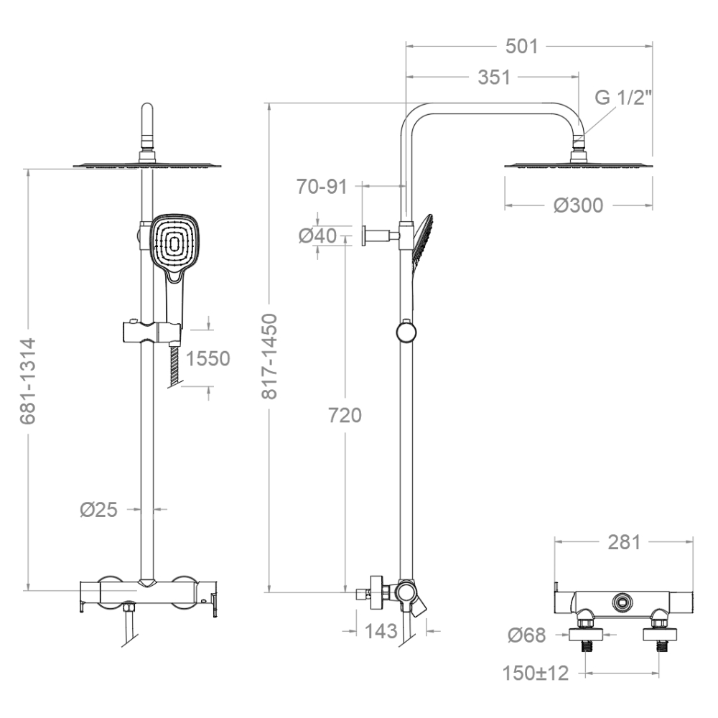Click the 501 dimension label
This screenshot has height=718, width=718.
521,46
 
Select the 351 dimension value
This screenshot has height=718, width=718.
494,78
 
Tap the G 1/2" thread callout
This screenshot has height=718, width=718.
623,98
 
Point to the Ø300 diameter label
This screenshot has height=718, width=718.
578,205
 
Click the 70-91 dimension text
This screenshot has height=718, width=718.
322,187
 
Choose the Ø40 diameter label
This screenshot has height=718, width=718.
318,236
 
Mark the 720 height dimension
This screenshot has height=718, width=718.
345,415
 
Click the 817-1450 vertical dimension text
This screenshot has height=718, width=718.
270,356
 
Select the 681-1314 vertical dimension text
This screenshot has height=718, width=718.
28,381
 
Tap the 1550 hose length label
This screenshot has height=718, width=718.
208,358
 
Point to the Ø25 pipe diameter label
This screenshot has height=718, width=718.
99,509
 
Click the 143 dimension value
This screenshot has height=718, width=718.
381,631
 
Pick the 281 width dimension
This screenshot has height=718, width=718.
624,542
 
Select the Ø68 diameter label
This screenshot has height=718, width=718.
527,635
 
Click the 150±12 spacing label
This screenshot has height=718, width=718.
536,673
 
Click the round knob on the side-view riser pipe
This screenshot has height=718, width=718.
406,332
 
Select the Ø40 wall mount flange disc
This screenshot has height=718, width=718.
363,236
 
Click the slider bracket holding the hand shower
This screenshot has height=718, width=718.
151,332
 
